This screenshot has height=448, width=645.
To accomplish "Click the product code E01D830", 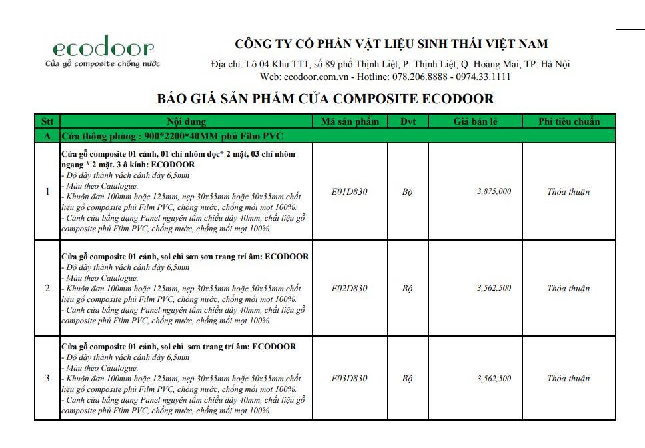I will coord(349,192).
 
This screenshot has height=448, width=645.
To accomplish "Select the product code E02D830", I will coord(349,289).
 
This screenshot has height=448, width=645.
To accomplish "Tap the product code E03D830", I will coord(349,379).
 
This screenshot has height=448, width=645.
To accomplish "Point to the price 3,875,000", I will coord(494,191).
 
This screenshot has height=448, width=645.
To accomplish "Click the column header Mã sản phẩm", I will coord(350,121).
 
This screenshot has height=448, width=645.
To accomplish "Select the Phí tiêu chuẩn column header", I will coord(568,121).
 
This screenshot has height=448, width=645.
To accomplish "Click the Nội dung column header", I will coord(186,121).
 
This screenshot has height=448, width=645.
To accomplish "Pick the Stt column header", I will coord(47,121).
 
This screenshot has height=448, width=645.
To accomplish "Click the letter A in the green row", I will coord(47,136).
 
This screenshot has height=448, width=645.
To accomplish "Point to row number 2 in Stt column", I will coord(47,289).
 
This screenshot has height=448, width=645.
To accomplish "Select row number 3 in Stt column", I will coord(47,379).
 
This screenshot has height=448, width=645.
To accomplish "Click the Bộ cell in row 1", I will coord(407,192).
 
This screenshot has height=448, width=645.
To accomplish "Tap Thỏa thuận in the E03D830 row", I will coord(568,379).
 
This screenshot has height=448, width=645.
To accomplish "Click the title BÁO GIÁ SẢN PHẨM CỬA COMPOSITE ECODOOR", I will coord(325,99).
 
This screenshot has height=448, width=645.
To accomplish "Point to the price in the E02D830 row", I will coord(494,288).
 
